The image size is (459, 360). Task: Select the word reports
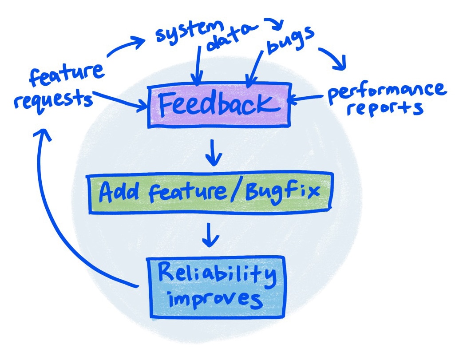384,108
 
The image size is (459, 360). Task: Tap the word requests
53,98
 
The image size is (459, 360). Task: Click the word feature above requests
66,75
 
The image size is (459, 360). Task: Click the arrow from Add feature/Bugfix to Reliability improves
210,234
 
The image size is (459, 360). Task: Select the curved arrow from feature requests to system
124,48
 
